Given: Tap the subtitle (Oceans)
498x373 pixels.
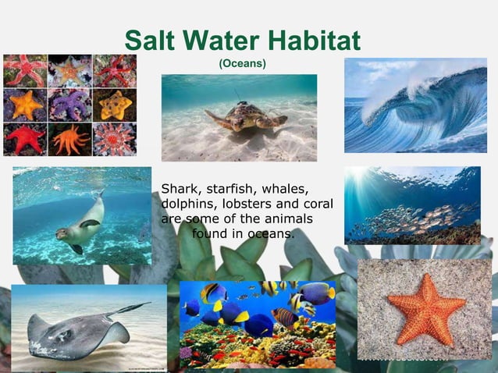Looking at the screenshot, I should [x=242, y=62].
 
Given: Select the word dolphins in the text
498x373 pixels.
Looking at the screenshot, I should [x=187, y=204].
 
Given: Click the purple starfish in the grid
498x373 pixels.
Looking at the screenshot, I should [x=69, y=105].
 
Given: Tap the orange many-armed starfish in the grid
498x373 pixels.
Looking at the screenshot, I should [x=69, y=140].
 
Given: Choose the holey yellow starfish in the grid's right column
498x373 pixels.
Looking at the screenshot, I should [x=115, y=105].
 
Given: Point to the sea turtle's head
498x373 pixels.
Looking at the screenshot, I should [x=278, y=120].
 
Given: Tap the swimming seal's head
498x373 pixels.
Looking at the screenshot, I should [x=62, y=233].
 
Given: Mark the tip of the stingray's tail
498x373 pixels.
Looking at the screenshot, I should [x=149, y=304].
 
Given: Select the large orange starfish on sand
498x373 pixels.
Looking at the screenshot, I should [x=425, y=310].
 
